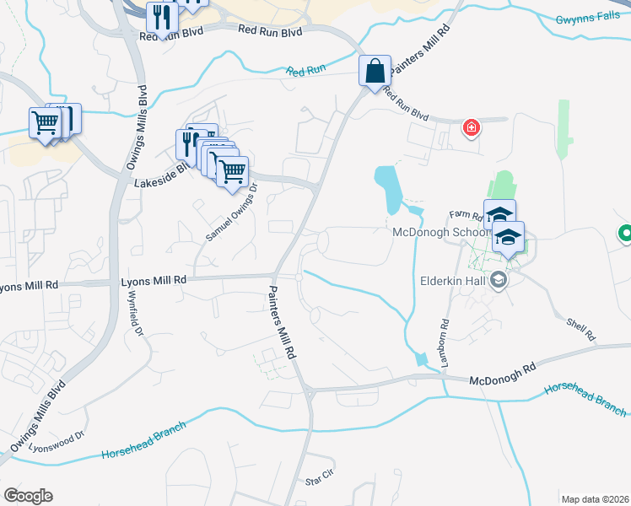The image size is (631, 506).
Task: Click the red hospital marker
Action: [471, 128]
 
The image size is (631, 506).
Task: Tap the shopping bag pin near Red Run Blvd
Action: [375, 71]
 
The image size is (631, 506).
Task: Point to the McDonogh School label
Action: [440, 233]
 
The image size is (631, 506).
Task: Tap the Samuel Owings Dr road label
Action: [231, 213]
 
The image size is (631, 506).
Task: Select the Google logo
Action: [28, 496]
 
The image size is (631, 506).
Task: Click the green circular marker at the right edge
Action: [626, 234]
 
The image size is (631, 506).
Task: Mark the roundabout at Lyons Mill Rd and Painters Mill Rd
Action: [299, 276]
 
